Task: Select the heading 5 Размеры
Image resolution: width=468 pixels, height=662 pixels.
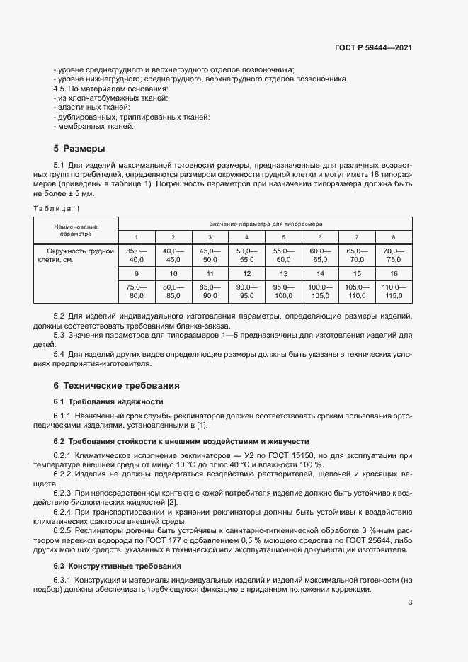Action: click(79, 149)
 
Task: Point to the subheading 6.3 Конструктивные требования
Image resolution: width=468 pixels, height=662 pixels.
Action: click(109, 566)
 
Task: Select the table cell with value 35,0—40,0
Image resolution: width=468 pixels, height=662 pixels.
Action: click(136, 256)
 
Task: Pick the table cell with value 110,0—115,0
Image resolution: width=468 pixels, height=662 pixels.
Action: click(394, 291)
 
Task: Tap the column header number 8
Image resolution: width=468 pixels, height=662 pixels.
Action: click(394, 236)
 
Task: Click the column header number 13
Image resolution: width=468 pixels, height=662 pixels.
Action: click(283, 273)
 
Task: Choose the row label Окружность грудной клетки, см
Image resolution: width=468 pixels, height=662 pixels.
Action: click(75, 256)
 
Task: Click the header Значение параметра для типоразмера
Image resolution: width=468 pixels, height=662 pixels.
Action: click(265, 222)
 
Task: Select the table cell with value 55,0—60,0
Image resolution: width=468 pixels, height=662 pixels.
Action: click(283, 256)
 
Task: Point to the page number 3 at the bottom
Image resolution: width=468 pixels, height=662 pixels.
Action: click(411, 603)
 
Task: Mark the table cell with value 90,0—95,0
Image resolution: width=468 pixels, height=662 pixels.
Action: click(246, 291)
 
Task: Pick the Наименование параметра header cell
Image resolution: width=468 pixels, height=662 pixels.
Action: click(75, 229)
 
